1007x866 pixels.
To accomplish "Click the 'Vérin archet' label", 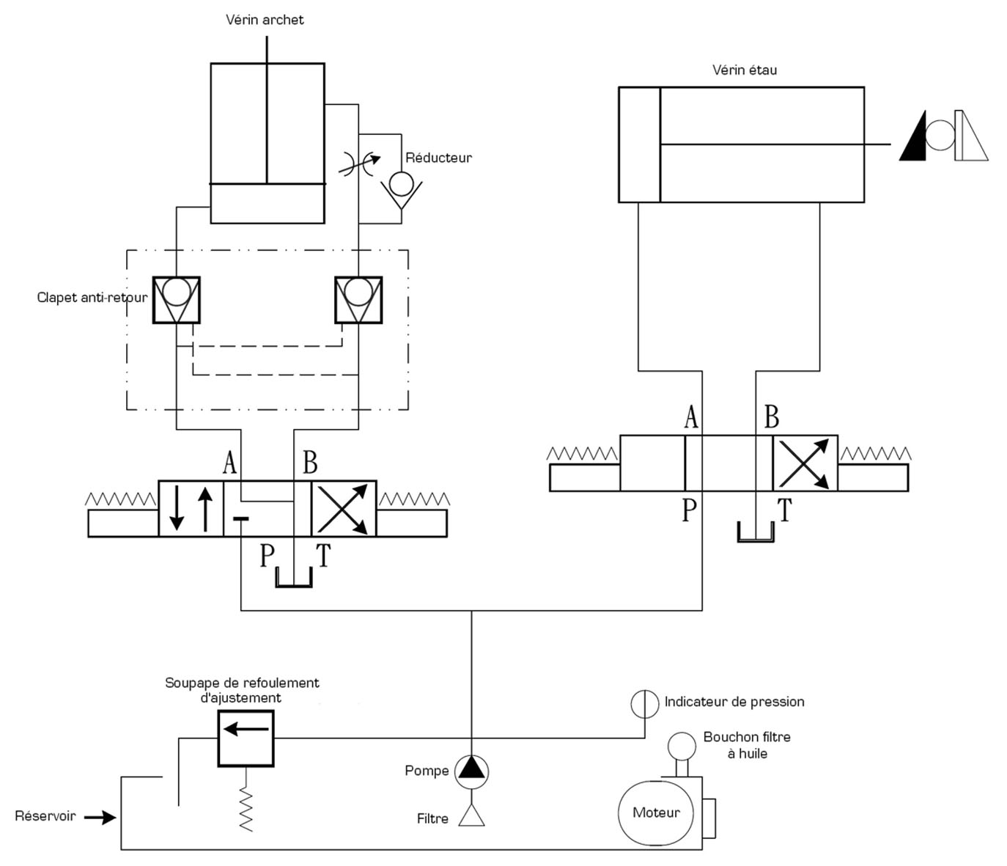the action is click(265, 20).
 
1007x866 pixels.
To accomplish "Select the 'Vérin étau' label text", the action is click(745, 70).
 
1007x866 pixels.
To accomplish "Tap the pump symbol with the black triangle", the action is click(471, 772).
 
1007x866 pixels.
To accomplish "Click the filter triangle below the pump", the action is click(471, 815).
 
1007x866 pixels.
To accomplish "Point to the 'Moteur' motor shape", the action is click(656, 812).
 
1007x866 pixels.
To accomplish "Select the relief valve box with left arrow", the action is click(246, 738).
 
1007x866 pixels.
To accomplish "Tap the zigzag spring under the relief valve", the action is click(246, 810).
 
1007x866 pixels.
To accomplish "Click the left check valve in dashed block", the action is click(177, 300).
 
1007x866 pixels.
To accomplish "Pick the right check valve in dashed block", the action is click(358, 300).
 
